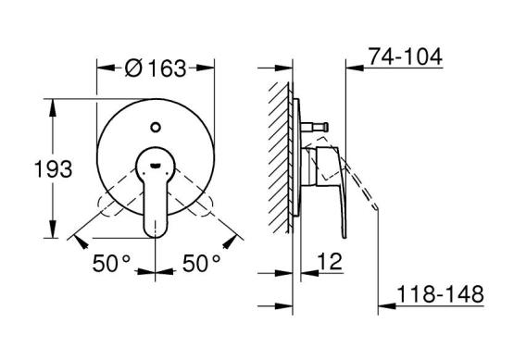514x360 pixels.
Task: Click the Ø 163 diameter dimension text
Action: [156, 68]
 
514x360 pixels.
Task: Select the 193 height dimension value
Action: [53, 169]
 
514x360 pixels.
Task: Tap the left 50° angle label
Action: [111, 263]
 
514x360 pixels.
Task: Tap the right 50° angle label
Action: [202, 263]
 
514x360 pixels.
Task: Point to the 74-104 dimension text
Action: [406, 56]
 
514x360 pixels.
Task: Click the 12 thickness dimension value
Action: [330, 261]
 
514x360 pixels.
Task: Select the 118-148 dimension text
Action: [440, 294]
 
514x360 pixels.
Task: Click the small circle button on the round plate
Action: [156, 127]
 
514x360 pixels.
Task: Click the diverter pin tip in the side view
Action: [325, 127]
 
